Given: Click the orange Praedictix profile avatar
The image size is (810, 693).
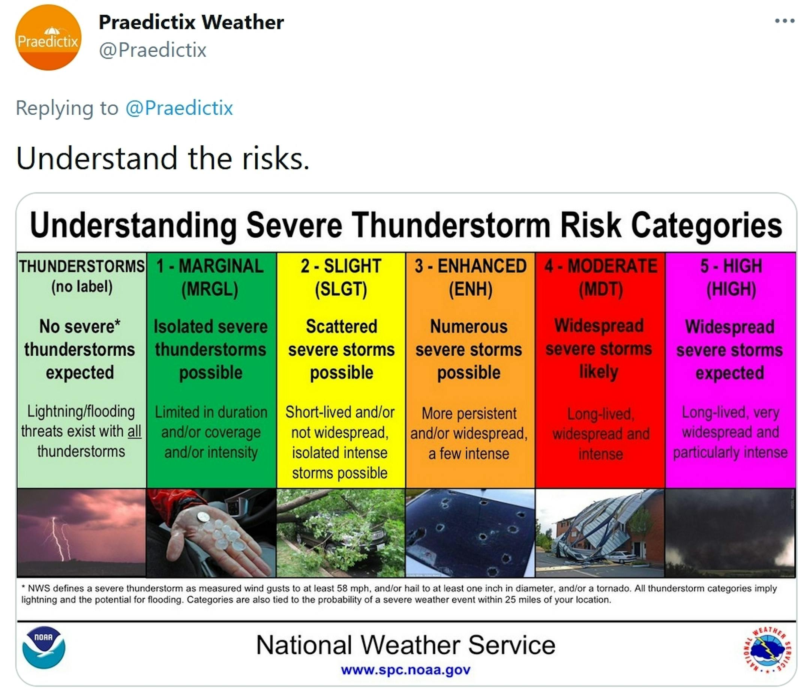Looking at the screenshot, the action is tap(48, 37).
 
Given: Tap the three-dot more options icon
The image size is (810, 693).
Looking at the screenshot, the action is tap(785, 21).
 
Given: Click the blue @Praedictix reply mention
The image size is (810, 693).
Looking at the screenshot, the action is tap(179, 108).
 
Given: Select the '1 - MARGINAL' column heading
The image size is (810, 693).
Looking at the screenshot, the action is tap(210, 266).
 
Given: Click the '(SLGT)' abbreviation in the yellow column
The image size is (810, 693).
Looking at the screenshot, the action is tap(341, 289).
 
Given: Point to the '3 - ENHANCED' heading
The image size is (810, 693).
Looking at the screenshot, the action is tap(470, 266).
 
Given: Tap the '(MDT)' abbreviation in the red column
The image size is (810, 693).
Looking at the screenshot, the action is tap(601, 289).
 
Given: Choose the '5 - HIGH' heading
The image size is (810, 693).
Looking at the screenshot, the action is tap(731, 266).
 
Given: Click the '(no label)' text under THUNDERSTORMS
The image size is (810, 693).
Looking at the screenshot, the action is tap(82, 287).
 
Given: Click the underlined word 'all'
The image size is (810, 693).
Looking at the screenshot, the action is tap(135, 431).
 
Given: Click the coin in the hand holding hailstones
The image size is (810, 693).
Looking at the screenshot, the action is tap(203, 517).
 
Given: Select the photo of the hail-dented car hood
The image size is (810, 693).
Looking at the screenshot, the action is tap(470, 533).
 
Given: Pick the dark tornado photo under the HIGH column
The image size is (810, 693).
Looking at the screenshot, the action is tap(730, 533).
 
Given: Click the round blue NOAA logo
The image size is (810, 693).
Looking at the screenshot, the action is tap(44, 648).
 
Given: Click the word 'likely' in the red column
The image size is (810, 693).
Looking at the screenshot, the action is tap(598, 371).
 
